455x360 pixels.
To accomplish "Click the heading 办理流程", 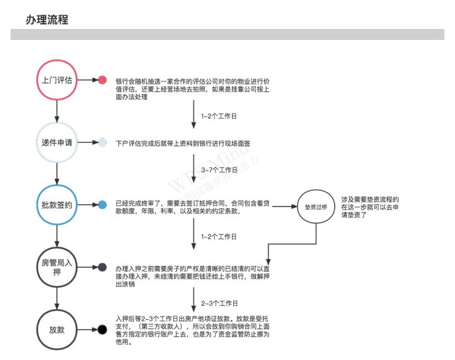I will click(x=47, y=20).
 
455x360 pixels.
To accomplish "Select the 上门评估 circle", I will click(x=57, y=80).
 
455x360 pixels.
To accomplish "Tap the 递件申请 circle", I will click(x=57, y=143).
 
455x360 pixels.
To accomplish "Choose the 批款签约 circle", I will click(x=57, y=205).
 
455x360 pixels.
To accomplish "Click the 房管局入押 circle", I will click(x=57, y=267).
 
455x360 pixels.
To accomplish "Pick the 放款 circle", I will click(x=57, y=330).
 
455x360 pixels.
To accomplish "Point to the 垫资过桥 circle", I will click(x=316, y=207).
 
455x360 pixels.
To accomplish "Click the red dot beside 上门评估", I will click(x=102, y=80).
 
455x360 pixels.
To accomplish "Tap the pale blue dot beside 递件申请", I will click(x=102, y=143).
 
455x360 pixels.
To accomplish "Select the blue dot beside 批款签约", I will click(x=102, y=205).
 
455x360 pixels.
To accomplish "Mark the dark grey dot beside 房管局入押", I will click(x=102, y=267).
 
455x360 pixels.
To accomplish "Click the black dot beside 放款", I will click(x=102, y=330).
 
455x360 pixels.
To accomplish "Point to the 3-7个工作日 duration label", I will click(x=219, y=171).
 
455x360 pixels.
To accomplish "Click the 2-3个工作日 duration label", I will click(x=219, y=304).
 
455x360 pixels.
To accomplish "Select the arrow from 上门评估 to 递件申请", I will click(x=57, y=111).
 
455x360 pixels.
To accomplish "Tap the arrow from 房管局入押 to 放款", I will click(x=57, y=298).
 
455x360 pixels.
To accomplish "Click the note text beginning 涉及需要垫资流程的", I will click(x=370, y=207).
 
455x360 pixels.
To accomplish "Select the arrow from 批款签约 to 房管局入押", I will click(x=57, y=236).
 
